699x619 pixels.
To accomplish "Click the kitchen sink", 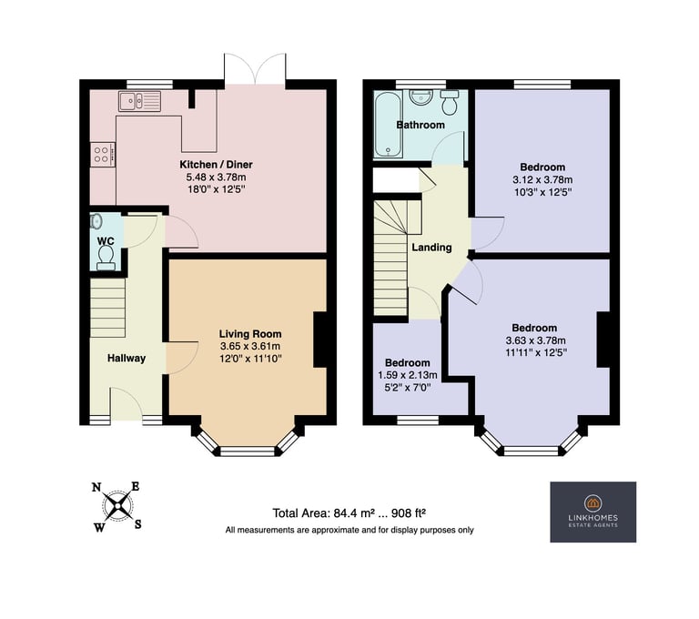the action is pos(139,101).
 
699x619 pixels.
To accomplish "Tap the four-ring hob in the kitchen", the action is pos(103,155).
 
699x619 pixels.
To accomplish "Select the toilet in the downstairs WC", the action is pos(106,258).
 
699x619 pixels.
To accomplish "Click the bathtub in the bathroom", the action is pos(388,125).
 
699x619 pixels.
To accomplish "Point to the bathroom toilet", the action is pos(449,102).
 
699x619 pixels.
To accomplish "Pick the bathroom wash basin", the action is pos(419,96).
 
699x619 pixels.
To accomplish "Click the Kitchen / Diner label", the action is pos(217,165).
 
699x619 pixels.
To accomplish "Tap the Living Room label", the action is pos(250,334).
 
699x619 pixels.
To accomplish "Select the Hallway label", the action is pos(127,358).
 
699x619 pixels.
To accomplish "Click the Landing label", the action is pos(431,248).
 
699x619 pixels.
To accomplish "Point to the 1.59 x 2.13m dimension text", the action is pos(408,375).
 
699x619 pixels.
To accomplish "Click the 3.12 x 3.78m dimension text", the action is pos(542,180).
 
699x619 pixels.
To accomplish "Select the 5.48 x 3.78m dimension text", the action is pos(216,177).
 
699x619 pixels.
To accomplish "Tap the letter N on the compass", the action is pos(96,487).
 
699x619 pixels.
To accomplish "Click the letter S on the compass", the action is pos(138,524).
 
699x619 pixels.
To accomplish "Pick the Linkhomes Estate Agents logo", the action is pos(593,512).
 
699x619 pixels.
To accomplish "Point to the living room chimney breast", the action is pos(320,340).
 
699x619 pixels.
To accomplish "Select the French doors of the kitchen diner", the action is pos(255,69).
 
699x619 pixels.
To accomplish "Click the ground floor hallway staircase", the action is pos(108,309).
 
